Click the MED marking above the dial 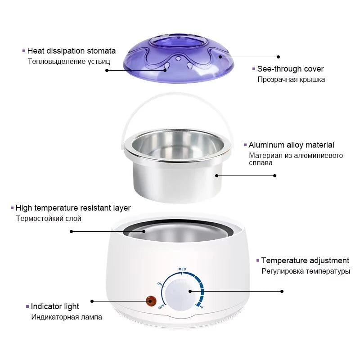point(182,269)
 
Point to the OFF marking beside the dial point(161,307)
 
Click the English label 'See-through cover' point(290,69)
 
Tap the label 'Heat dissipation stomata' point(72,51)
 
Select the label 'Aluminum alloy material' point(291,145)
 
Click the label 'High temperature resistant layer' point(73,208)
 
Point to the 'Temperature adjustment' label point(305,261)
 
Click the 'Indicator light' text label point(55,306)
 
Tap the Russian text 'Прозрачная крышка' point(291,80)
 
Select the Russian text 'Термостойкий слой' point(49,219)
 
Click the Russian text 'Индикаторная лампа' point(67,317)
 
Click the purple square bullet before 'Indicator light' point(27,306)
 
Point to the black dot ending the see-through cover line point(278,57)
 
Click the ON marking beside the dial point(160,284)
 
